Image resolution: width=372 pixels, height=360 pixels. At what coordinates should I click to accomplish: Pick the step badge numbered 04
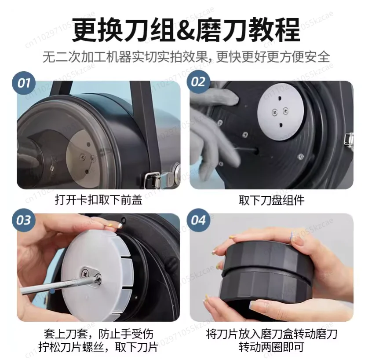[x=198, y=220]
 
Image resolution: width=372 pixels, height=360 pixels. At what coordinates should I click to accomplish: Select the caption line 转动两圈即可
[x=271, y=347]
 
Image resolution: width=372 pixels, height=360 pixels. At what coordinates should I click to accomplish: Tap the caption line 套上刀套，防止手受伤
[x=98, y=334]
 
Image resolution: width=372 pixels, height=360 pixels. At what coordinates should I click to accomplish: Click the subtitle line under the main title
[x=186, y=57]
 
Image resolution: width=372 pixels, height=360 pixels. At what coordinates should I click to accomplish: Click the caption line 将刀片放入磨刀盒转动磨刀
[x=271, y=334]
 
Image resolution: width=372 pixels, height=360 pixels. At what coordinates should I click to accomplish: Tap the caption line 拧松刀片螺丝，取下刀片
[x=98, y=347]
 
